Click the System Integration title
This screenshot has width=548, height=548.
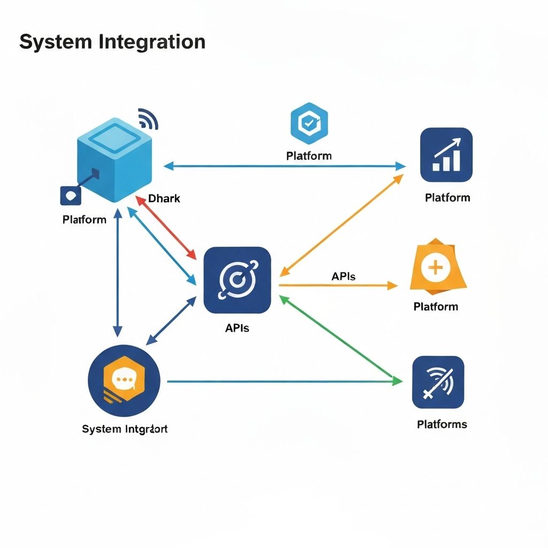point(112,42)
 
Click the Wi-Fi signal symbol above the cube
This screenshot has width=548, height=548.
point(148,118)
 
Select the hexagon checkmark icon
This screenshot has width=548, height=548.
point(309,124)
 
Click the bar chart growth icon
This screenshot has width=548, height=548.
point(446,155)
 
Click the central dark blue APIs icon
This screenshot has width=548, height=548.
point(237,280)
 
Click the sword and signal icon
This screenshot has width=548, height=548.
point(438,382)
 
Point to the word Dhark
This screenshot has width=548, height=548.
point(164,199)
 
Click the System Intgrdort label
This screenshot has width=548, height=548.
point(125,429)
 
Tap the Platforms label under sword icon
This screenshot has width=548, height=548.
point(442,424)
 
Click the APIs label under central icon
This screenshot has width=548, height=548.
point(237,328)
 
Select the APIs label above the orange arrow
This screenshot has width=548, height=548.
point(344,277)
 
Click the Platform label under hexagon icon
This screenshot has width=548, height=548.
point(309,156)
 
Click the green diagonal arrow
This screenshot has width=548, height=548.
point(341,340)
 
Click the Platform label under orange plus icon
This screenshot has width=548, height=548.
point(436,307)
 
